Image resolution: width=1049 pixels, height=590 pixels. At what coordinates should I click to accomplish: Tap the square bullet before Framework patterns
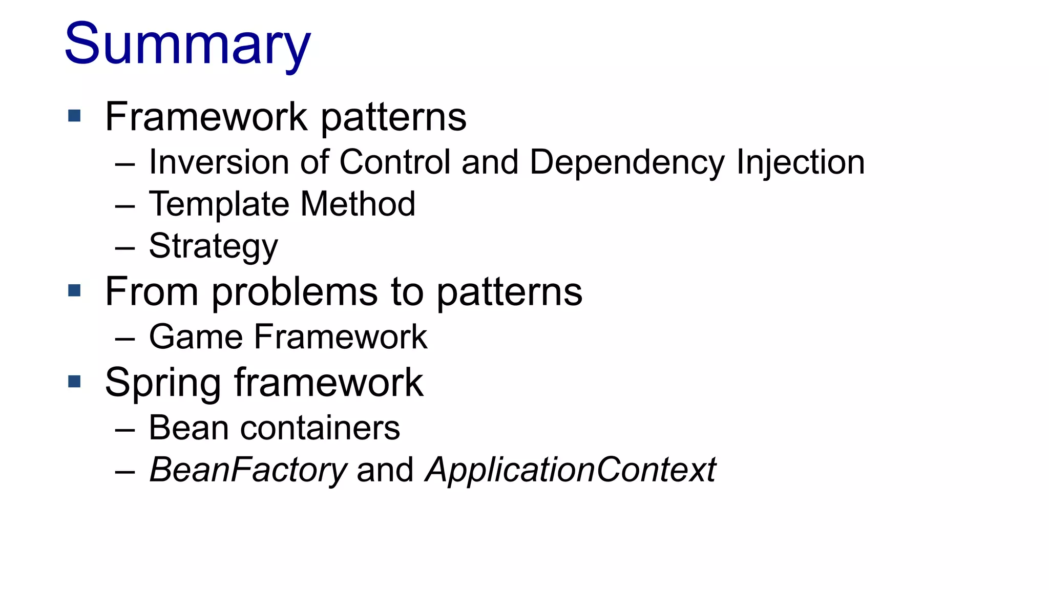pyautogui.click(x=75, y=116)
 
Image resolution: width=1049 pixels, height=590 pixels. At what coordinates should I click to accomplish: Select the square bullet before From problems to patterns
pyautogui.click(x=75, y=291)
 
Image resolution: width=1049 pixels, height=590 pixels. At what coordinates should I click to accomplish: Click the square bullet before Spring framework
pyautogui.click(x=75, y=382)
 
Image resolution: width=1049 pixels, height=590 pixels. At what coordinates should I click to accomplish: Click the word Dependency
pyautogui.click(x=627, y=162)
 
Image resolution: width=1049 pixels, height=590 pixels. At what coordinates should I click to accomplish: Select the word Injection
pyautogui.click(x=801, y=162)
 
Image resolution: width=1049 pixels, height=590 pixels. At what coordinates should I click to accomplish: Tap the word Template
pyautogui.click(x=219, y=204)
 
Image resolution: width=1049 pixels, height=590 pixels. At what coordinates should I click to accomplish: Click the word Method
pyautogui.click(x=358, y=204)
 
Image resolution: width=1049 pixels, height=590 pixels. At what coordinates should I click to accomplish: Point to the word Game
pyautogui.click(x=196, y=337)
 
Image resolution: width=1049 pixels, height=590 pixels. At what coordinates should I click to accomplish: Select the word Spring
pyautogui.click(x=162, y=383)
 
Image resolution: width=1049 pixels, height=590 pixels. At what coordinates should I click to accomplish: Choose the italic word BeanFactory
pyautogui.click(x=248, y=470)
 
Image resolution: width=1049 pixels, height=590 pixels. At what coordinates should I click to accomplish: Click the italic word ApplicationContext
pyautogui.click(x=571, y=470)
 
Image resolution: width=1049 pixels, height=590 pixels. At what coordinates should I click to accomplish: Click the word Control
pyautogui.click(x=395, y=162)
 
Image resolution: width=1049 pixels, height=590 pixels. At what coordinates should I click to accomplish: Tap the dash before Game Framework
pyautogui.click(x=125, y=339)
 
